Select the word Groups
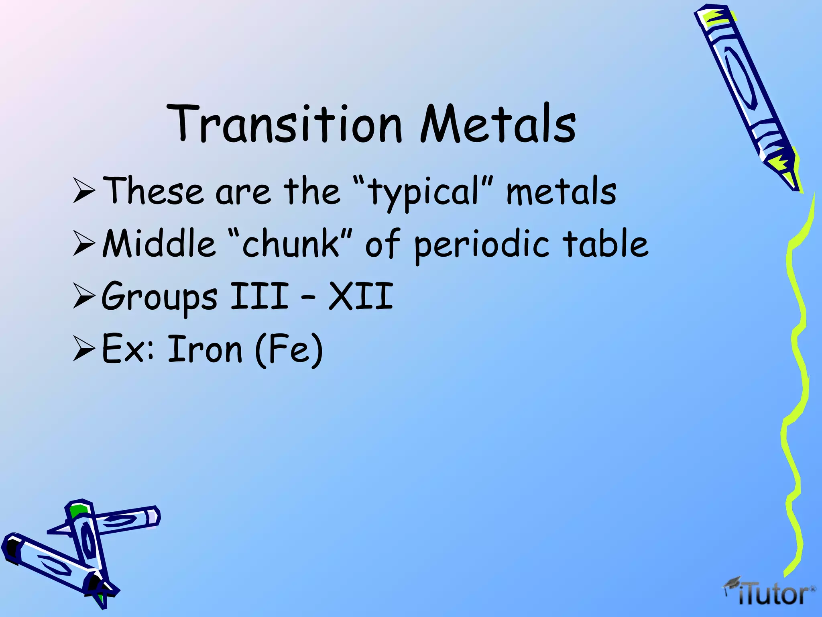[159, 297]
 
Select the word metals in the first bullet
[561, 192]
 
